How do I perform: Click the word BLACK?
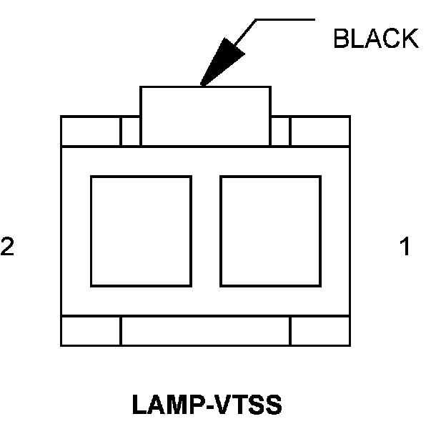375,39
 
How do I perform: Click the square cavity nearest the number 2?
141,230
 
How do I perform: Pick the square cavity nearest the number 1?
270,230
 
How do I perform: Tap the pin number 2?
8,247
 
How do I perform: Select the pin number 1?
405,247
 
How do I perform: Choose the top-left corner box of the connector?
90,131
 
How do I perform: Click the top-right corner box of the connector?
319,131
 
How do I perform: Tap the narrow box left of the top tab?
130,131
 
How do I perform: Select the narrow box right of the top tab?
280,131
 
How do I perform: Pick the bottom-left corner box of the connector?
90,330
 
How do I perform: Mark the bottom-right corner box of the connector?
319,330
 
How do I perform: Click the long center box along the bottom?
205,330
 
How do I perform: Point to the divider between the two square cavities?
206,230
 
